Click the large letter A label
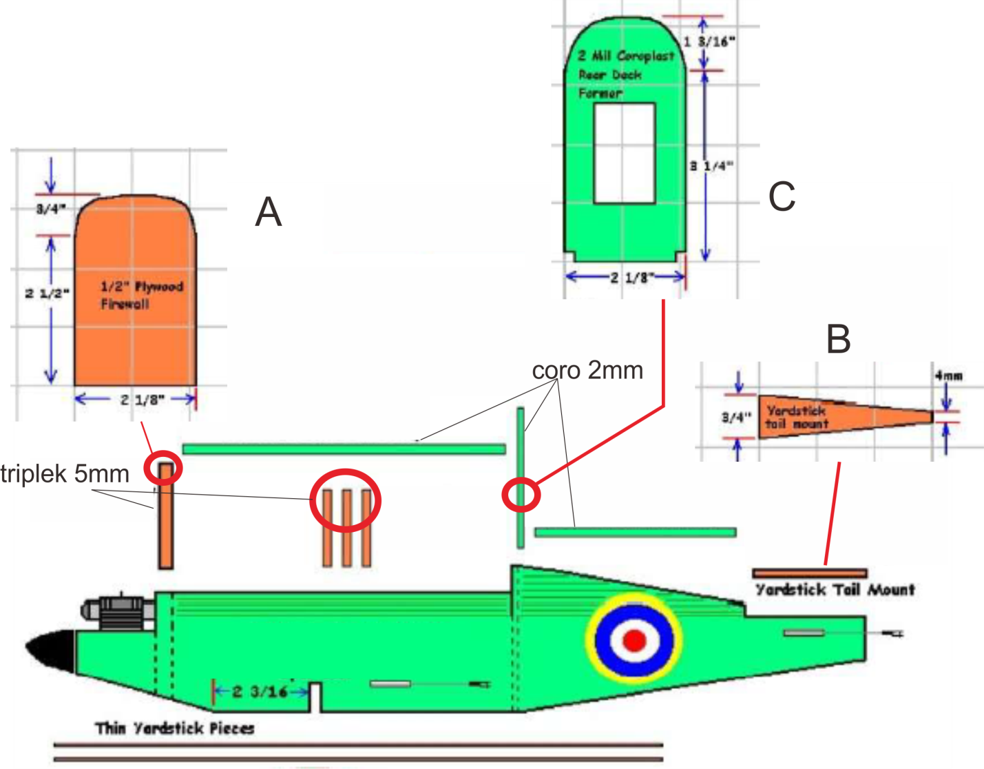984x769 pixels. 269,212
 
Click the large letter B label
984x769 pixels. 838,339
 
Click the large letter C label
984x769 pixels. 782,197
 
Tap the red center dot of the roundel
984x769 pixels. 634,640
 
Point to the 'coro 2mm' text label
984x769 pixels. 587,371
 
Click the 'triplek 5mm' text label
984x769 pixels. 65,474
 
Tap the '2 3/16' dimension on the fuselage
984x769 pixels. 260,691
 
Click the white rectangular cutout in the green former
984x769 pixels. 624,153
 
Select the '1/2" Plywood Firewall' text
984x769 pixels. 141,295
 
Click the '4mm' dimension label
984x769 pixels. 948,376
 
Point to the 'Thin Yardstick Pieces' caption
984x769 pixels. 174,728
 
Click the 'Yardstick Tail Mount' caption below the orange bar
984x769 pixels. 835,590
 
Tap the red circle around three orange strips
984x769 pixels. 345,500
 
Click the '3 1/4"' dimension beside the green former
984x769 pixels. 712,165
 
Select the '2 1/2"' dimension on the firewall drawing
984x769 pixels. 47,294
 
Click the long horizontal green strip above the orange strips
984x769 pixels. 344,449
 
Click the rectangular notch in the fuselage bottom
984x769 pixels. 315,697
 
